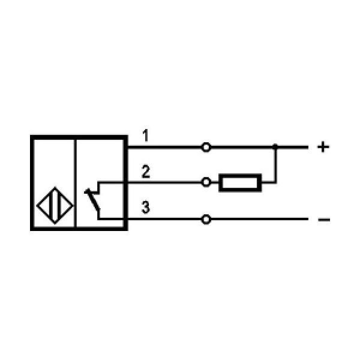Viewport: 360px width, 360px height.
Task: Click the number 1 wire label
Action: [146, 136]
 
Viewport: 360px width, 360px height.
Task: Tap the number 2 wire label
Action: [146, 173]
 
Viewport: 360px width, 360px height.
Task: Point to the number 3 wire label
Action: [146, 208]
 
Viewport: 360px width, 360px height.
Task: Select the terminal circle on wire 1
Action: [206, 147]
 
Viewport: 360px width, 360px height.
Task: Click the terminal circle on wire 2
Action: [206, 182]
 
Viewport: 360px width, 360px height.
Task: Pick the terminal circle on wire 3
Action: [206, 220]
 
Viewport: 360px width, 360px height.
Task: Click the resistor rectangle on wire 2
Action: [241, 182]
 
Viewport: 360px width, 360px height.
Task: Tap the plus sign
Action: [323, 147]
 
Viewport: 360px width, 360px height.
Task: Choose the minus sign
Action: [323, 220]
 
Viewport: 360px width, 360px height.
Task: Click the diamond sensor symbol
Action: [55, 206]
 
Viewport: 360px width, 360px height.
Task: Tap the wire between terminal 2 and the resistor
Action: [215, 182]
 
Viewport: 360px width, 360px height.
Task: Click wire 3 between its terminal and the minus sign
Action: [258, 220]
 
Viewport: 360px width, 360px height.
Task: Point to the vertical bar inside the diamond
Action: [55, 206]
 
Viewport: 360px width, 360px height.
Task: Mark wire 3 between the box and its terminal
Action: [165, 220]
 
